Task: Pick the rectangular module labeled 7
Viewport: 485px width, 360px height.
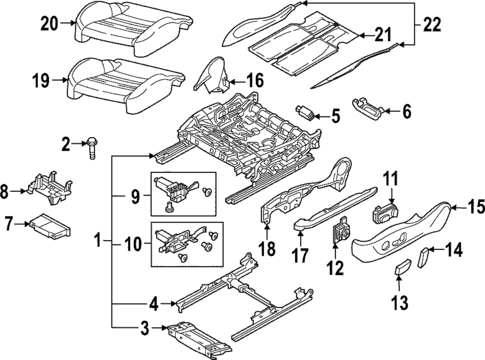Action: point(46,228)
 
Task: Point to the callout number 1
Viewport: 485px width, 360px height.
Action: point(98,240)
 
